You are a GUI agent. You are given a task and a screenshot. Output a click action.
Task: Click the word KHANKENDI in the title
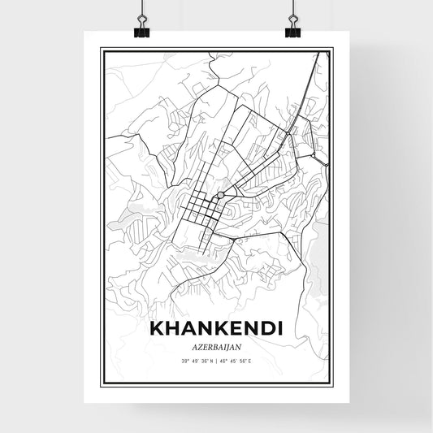pyautogui.click(x=215, y=330)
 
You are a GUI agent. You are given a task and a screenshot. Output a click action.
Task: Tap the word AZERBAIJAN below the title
pyautogui.click(x=215, y=346)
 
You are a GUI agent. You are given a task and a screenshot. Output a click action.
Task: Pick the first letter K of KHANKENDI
pyautogui.click(x=155, y=330)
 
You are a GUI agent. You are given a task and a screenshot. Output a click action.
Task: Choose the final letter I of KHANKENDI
pyautogui.click(x=279, y=330)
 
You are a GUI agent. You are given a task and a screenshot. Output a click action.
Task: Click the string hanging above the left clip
pyautogui.click(x=138, y=8)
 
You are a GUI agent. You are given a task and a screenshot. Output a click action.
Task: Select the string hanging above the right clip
pyautogui.click(x=292, y=8)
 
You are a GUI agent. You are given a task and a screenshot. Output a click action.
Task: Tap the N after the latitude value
pyautogui.click(x=208, y=360)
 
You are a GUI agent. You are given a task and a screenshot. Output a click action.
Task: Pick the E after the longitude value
pyautogui.click(x=271, y=360)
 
